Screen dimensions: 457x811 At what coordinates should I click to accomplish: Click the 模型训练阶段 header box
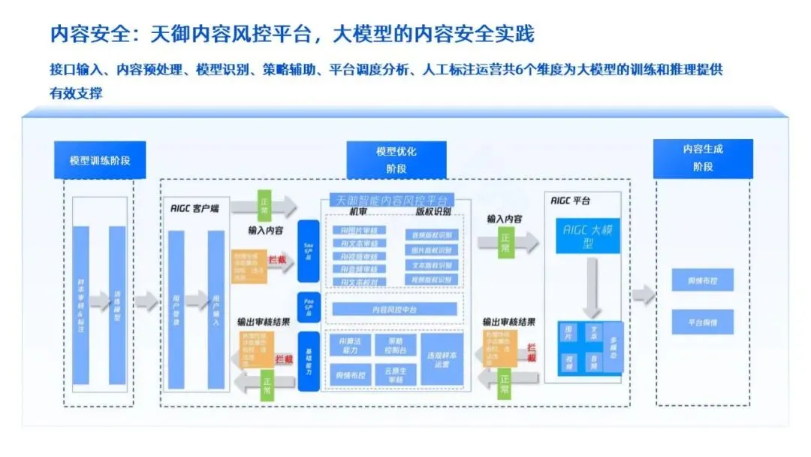click(x=100, y=160)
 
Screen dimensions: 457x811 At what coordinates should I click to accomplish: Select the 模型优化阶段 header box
click(x=396, y=160)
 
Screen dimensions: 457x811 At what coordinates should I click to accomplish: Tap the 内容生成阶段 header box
click(x=702, y=158)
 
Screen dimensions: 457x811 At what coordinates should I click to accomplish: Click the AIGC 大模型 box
click(x=587, y=236)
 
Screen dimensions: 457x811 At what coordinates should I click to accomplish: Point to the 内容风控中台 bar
click(x=394, y=309)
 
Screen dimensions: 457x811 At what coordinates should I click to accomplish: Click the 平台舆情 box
click(x=702, y=322)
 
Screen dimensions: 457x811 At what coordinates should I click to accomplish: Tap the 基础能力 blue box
click(x=308, y=360)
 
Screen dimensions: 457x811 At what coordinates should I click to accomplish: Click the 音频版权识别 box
click(x=432, y=235)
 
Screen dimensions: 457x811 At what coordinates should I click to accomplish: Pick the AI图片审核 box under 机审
click(x=359, y=230)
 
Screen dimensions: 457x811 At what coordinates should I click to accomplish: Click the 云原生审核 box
click(x=395, y=374)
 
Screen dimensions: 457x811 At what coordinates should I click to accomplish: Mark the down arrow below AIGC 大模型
click(x=592, y=286)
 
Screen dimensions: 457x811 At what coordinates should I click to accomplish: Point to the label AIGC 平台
click(x=570, y=201)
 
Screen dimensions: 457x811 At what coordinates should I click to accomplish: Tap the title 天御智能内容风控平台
click(x=392, y=201)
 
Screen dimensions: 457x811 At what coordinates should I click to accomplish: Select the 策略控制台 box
click(x=395, y=345)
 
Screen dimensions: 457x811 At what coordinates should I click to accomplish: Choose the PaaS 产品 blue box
click(x=308, y=307)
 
